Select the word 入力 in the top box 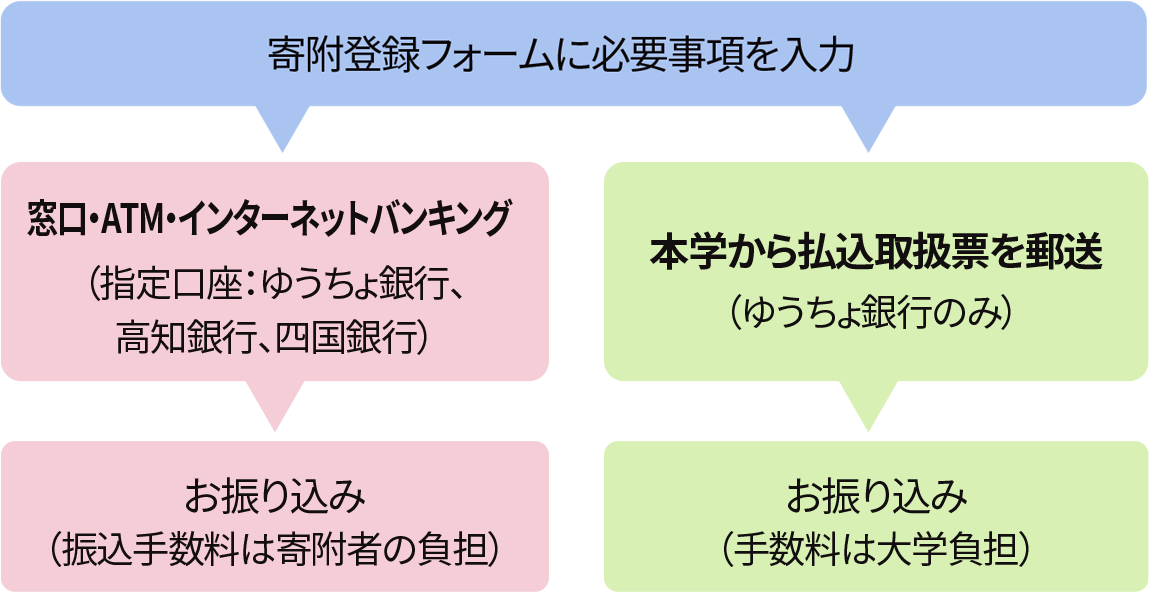click(x=827, y=54)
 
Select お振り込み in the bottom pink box click(x=274, y=494)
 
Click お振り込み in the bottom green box click(x=876, y=494)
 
